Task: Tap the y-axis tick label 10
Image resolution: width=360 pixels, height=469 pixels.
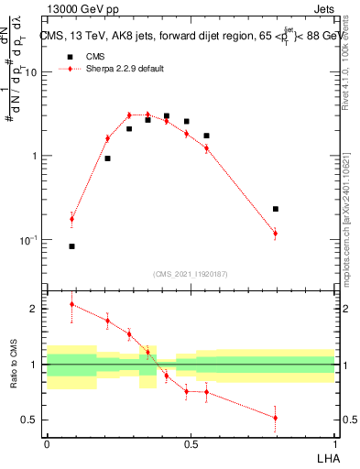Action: (x=30, y=71)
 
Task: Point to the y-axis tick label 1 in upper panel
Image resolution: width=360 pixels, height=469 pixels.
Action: (x=34, y=156)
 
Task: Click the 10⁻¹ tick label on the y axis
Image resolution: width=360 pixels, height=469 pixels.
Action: (x=28, y=240)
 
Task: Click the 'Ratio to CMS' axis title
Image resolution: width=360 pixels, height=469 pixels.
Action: (x=14, y=365)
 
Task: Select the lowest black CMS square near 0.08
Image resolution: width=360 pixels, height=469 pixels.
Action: (x=71, y=246)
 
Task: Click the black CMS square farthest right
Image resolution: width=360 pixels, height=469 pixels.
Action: (x=275, y=209)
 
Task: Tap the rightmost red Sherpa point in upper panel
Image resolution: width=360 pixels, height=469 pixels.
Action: (x=275, y=234)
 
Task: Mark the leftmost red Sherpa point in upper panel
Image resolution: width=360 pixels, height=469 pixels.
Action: (x=71, y=218)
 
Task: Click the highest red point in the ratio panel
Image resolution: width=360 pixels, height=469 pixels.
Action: (x=71, y=304)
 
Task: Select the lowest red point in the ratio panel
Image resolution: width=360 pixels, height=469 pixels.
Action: (x=275, y=418)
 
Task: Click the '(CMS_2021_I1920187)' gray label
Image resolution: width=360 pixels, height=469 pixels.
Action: (x=191, y=273)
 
